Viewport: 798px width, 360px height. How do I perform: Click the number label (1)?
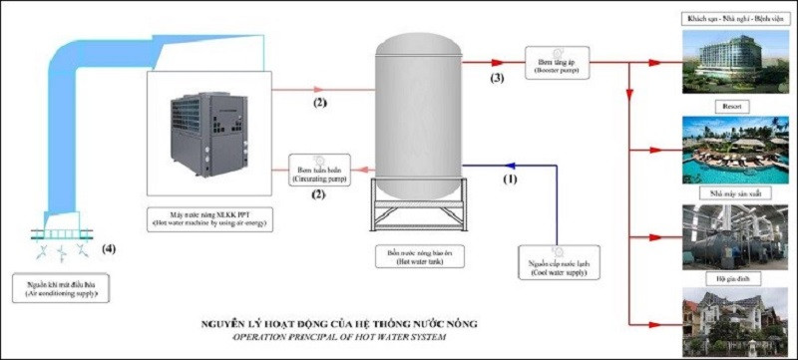(x=510, y=181)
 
